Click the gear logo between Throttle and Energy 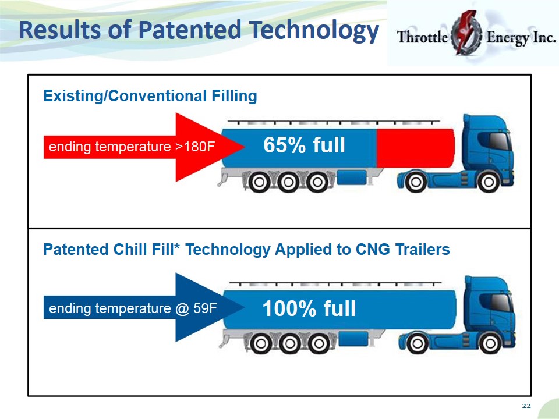pos(466,33)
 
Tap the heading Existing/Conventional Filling pos(150,96)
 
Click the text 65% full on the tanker pos(304,145)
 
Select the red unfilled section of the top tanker pos(415,148)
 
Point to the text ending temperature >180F pos(132,147)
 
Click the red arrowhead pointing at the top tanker pos(210,147)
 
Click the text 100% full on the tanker pos(309,308)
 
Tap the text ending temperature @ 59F pos(133,308)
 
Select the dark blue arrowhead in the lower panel pos(210,307)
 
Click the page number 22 pos(526,406)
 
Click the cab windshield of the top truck pos(499,141)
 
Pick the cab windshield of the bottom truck pos(501,303)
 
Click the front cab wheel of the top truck pos(489,182)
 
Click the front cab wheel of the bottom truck pos(490,343)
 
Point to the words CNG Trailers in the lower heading pos(403,250)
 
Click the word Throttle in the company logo pos(423,37)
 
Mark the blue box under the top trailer pos(352,177)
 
